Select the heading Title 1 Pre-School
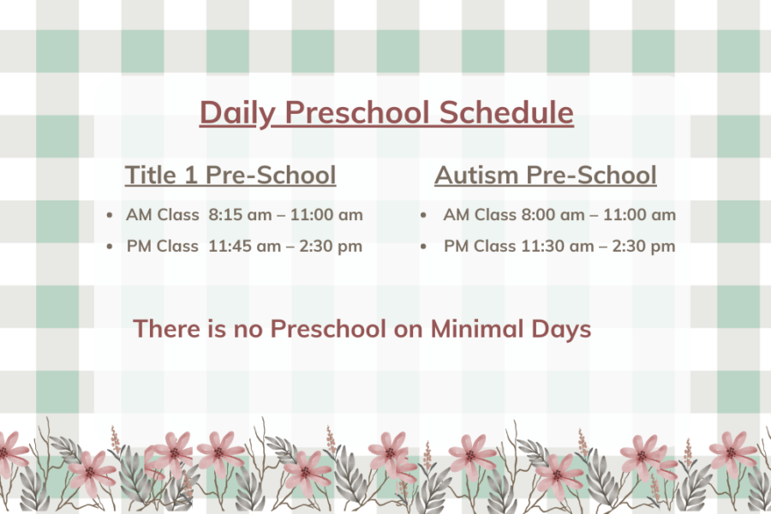pyautogui.click(x=230, y=175)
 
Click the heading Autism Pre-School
pyautogui.click(x=546, y=175)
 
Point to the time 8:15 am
pyautogui.click(x=240, y=215)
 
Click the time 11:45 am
pyautogui.click(x=244, y=246)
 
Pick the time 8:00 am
pyautogui.click(x=553, y=215)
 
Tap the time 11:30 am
pyautogui.click(x=557, y=246)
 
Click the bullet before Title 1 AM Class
pyautogui.click(x=109, y=215)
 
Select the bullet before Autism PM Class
pyautogui.click(x=423, y=247)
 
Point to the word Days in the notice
pyautogui.click(x=561, y=330)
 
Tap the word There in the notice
pyautogui.click(x=166, y=329)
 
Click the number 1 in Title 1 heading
pyautogui.click(x=190, y=176)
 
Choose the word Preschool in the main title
pyautogui.click(x=357, y=112)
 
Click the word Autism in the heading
pyautogui.click(x=476, y=175)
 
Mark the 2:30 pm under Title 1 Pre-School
pyautogui.click(x=331, y=247)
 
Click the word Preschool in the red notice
pyautogui.click(x=328, y=329)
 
